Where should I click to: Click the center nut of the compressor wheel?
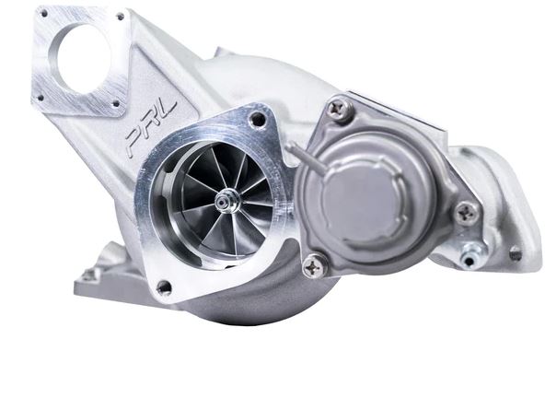click(x=223, y=200)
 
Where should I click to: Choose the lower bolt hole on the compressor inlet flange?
click(x=164, y=287)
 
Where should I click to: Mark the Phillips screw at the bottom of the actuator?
click(x=314, y=264)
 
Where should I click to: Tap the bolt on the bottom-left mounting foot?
click(x=89, y=274)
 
